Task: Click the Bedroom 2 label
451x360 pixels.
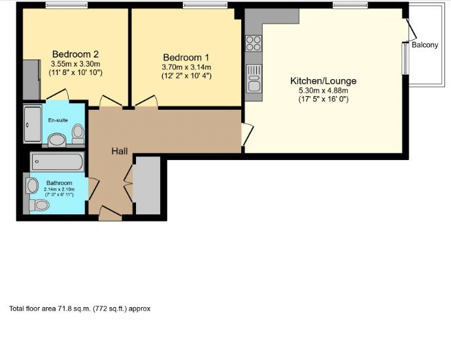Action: click(x=75, y=54)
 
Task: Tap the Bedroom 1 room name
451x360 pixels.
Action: click(x=186, y=57)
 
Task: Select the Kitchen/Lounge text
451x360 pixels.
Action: click(x=324, y=81)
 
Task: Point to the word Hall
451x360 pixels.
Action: click(x=119, y=151)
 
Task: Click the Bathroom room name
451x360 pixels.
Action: click(x=59, y=183)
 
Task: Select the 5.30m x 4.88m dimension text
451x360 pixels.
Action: click(x=324, y=91)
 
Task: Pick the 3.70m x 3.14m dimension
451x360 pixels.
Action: click(x=186, y=67)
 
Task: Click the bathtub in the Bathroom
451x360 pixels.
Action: click(x=58, y=161)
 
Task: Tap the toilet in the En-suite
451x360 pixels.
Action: click(x=78, y=133)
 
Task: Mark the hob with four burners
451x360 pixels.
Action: click(x=254, y=44)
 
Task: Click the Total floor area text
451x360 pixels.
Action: click(x=80, y=308)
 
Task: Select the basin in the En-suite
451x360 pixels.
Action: click(x=56, y=139)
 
